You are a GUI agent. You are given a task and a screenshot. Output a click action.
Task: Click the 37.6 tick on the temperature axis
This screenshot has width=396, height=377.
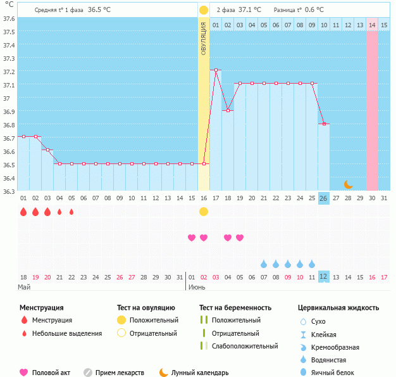[x=9, y=18]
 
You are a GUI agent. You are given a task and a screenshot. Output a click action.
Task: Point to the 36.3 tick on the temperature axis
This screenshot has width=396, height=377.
[x=9, y=191]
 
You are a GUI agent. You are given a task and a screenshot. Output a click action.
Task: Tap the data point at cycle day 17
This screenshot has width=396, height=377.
[x=216, y=70]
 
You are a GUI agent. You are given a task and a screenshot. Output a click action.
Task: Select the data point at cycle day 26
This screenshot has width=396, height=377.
[x=324, y=124]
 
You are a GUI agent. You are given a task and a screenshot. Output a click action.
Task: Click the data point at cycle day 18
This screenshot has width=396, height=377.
[x=228, y=110]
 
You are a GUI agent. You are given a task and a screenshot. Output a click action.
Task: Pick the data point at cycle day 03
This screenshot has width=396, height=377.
[x=47, y=150]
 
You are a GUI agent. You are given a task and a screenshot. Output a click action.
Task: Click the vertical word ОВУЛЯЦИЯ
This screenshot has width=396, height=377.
[x=204, y=38]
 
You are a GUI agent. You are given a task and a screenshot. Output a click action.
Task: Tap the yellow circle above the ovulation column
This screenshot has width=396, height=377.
[x=204, y=10]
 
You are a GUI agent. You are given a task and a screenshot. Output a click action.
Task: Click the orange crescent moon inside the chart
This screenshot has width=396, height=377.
[x=349, y=184]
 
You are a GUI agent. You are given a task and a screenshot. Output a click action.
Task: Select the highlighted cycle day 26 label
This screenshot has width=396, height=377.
[x=323, y=198]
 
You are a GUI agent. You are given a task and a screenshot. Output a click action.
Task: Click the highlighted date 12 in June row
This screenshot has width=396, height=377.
[x=323, y=277]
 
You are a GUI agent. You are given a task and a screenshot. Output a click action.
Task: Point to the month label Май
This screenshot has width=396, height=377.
[x=24, y=287]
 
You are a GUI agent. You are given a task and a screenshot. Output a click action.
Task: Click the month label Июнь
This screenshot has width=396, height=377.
[x=196, y=287]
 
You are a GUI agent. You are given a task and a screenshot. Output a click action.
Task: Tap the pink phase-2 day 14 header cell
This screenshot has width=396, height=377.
[x=372, y=25]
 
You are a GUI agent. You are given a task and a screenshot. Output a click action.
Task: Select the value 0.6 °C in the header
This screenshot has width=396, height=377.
[x=311, y=10]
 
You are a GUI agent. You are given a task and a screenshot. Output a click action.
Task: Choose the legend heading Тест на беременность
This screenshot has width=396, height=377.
[x=235, y=308]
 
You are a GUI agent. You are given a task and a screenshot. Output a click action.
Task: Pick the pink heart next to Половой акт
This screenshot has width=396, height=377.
[x=24, y=373]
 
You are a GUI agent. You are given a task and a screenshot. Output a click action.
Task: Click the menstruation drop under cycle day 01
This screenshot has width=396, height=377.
[x=23, y=212]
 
